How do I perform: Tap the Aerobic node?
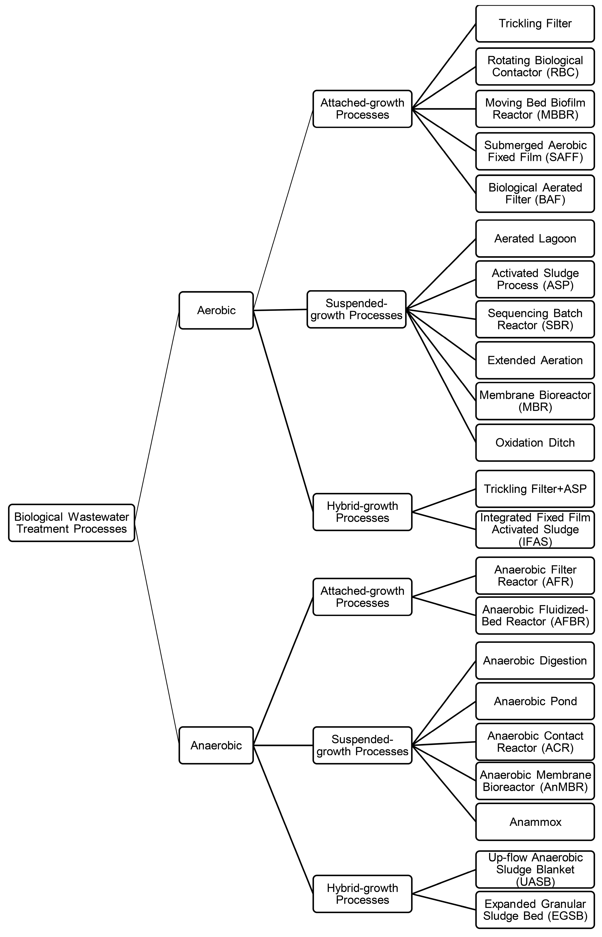point(216,310)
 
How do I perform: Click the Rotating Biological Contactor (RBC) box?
point(535,66)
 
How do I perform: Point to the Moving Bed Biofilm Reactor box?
point(535,109)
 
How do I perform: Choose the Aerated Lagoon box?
point(535,239)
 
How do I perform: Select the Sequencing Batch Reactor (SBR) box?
point(535,319)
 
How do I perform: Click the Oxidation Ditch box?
point(535,443)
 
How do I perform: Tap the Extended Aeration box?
point(535,360)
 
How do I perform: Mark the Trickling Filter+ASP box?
point(535,489)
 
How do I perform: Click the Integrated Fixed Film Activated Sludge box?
point(535,529)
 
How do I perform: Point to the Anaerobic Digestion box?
point(535,661)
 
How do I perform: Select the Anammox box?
point(535,822)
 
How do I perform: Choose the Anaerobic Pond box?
point(535,701)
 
